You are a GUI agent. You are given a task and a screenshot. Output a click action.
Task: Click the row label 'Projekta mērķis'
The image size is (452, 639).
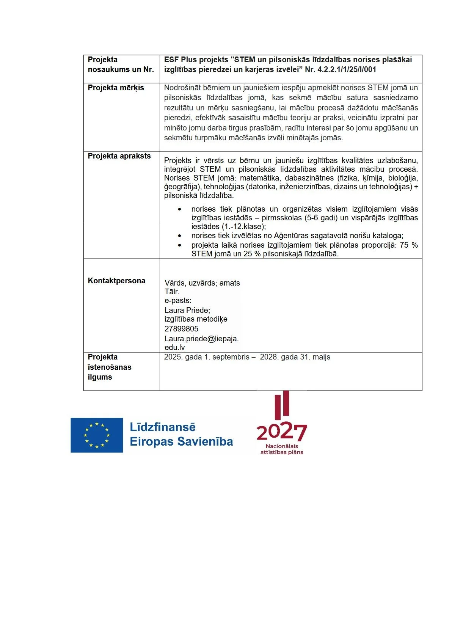[x=116, y=88]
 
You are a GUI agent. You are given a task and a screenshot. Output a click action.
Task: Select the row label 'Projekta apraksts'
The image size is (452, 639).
[x=119, y=156]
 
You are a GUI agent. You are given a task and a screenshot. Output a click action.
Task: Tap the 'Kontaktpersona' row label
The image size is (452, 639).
[x=116, y=281]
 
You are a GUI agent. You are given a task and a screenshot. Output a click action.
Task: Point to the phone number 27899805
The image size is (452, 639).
[x=181, y=329]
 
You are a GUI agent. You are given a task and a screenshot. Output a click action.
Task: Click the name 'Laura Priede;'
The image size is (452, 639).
[x=187, y=310]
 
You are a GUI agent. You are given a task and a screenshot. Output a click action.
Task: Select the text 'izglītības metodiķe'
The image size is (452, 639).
[x=196, y=319]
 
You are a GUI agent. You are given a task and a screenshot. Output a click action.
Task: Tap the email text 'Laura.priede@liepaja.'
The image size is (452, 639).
[x=201, y=339]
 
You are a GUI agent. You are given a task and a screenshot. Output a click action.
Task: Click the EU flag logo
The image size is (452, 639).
[x=97, y=435]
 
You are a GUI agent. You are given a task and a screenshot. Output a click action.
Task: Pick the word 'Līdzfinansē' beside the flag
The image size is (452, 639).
[x=163, y=427]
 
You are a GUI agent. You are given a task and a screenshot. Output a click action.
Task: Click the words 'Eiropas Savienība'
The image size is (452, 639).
[x=181, y=442]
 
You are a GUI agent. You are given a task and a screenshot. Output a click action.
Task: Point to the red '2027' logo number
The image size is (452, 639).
[x=281, y=432]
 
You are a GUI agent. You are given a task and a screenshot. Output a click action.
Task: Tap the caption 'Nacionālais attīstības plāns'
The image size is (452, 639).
[x=281, y=449]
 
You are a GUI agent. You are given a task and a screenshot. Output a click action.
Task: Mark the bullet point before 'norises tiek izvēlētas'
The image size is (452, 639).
[x=179, y=236]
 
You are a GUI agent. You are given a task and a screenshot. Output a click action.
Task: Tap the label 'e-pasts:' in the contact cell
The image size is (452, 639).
[x=178, y=301]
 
